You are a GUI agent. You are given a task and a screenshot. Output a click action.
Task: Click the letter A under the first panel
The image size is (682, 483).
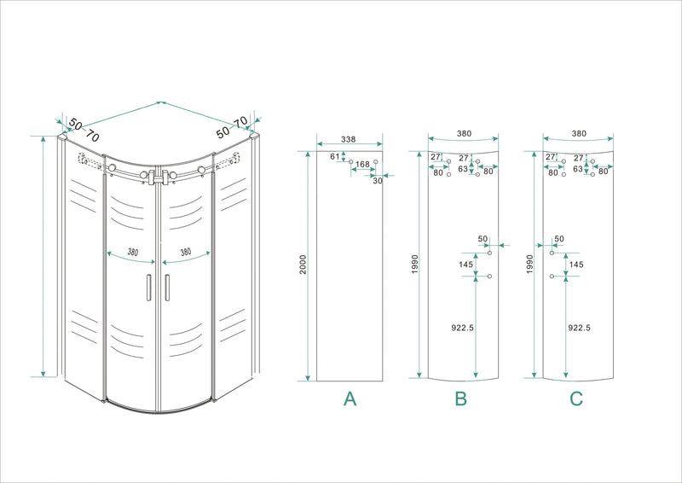tap(349, 398)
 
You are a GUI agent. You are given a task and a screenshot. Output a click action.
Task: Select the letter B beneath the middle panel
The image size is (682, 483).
tap(461, 398)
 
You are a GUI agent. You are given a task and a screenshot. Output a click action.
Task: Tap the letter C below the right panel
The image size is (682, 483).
tap(576, 398)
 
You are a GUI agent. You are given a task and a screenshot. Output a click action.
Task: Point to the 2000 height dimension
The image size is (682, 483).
tap(303, 265)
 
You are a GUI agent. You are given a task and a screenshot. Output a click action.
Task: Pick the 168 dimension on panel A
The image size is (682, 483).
tap(362, 165)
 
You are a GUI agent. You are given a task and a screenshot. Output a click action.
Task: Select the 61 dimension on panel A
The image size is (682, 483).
tap(334, 156)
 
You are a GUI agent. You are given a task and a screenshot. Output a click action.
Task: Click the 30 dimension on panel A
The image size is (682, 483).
tap(378, 181)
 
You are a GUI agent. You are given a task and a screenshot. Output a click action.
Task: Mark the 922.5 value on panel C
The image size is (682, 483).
tap(579, 327)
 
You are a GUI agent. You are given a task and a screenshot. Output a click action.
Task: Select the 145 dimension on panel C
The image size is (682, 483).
tap(576, 265)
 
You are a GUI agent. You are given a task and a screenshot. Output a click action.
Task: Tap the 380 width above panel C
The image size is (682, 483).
tap(578, 134)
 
